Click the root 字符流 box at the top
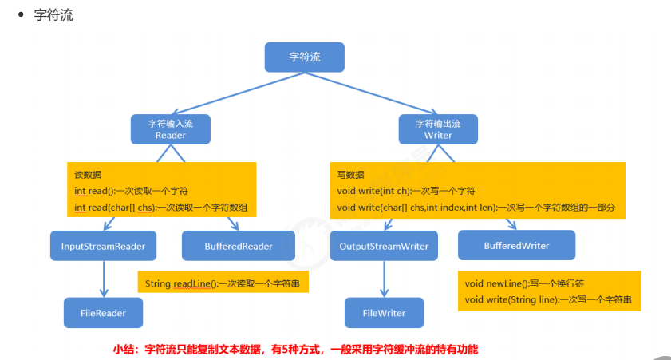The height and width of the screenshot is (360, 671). click(x=305, y=57)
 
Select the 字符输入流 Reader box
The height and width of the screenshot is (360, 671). click(x=170, y=129)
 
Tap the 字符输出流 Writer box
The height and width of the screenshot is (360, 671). click(x=438, y=129)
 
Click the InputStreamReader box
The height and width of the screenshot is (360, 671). click(x=103, y=246)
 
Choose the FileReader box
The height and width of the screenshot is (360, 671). click(x=103, y=312)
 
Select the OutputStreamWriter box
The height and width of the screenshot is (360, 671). click(x=383, y=246)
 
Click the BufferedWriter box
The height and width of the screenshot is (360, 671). click(x=516, y=245)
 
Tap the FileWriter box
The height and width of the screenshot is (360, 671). click(x=384, y=312)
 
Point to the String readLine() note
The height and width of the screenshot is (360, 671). click(x=222, y=283)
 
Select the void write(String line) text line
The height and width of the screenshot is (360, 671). click(x=548, y=300)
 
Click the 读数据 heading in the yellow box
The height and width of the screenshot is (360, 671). click(x=88, y=175)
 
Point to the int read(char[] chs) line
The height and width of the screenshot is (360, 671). click(x=160, y=208)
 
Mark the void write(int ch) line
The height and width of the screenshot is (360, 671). click(x=406, y=191)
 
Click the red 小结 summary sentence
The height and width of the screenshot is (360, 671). click(x=294, y=349)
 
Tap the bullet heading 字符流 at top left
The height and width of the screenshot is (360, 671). click(x=53, y=15)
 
